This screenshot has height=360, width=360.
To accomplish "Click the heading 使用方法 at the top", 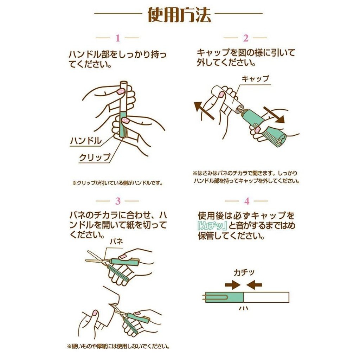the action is coord(179,15).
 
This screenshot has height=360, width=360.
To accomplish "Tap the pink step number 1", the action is coord(118,38).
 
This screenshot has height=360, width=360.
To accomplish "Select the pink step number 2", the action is coord(246,38).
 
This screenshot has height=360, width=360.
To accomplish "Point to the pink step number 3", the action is coord(118,201).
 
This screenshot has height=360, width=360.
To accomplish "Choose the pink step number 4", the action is coord(247,201).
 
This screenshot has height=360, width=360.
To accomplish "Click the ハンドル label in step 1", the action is coord(86,141).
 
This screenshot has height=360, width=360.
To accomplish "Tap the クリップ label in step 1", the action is coord(95,157).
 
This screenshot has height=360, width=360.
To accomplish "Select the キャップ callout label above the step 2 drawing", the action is coord(255,78).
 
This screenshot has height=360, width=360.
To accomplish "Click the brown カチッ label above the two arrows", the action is coord(244,272).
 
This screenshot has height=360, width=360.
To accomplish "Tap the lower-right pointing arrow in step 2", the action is coord(274,115).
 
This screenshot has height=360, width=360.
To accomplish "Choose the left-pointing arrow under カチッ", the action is coord(254,285).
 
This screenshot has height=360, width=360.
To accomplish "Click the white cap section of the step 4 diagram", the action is coord(266,297).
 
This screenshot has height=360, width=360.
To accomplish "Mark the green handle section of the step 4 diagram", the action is coord(224,297).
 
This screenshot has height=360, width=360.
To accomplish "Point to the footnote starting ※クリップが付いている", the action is coord(118,183).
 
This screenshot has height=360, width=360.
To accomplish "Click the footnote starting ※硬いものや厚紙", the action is coord(118,346).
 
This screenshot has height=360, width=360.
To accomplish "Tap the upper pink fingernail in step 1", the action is coord(121,91).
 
